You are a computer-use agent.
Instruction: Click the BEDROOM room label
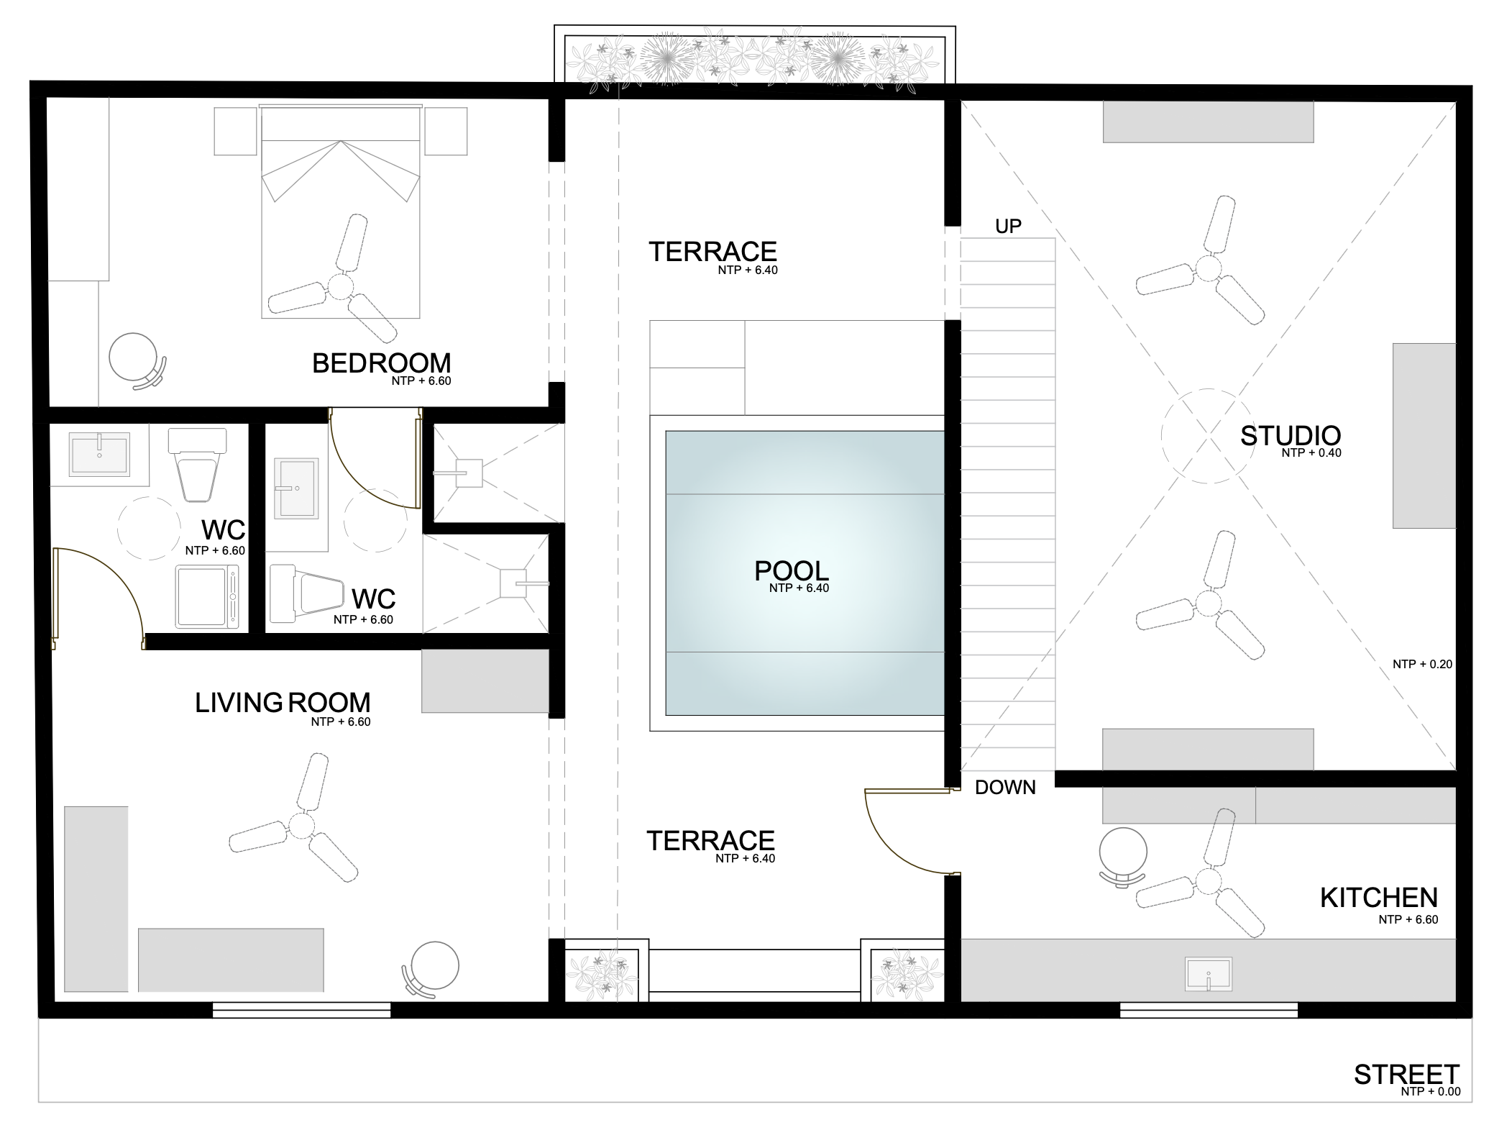click(381, 363)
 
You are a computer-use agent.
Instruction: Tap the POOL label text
click(792, 571)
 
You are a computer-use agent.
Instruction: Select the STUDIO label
click(1291, 436)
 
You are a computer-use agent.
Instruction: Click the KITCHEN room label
click(1379, 898)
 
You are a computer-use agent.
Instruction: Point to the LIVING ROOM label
click(283, 703)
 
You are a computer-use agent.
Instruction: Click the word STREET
click(1407, 1095)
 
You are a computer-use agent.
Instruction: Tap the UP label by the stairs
click(1008, 227)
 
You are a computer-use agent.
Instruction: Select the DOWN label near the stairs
click(1005, 788)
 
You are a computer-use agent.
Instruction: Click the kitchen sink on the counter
click(1209, 974)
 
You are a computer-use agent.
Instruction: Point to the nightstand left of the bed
click(235, 131)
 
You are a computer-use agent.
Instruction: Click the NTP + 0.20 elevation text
click(1422, 664)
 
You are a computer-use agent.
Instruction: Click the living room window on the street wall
click(301, 1009)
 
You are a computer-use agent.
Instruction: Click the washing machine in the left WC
click(208, 597)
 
